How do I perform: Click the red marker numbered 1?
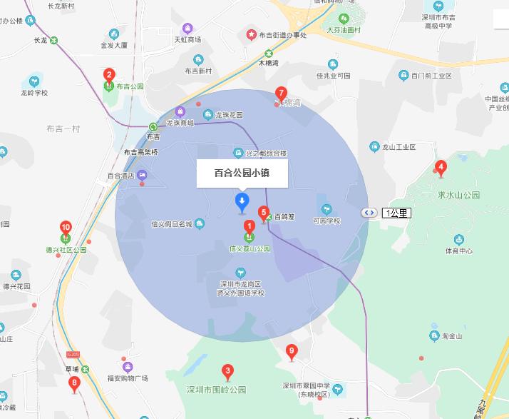click(250, 227)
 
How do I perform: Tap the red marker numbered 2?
click(109, 74)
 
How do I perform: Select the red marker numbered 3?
click(227, 370)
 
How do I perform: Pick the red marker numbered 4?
click(441, 168)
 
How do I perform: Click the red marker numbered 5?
click(264, 213)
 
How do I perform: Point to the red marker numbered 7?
click(281, 94)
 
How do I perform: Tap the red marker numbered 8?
click(74, 383)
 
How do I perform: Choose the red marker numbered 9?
click(291, 351)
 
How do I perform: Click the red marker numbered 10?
click(66, 228)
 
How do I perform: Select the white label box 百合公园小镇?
click(242, 173)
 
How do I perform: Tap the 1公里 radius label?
click(396, 213)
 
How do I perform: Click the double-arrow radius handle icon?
click(369, 213)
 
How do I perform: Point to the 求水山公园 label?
click(459, 195)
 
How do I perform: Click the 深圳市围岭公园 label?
click(216, 390)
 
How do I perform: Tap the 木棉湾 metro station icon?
click(269, 53)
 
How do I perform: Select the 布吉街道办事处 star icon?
click(251, 34)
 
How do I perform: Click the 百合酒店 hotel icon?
click(142, 174)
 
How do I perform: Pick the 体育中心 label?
click(459, 251)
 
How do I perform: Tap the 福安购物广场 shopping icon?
click(128, 366)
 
